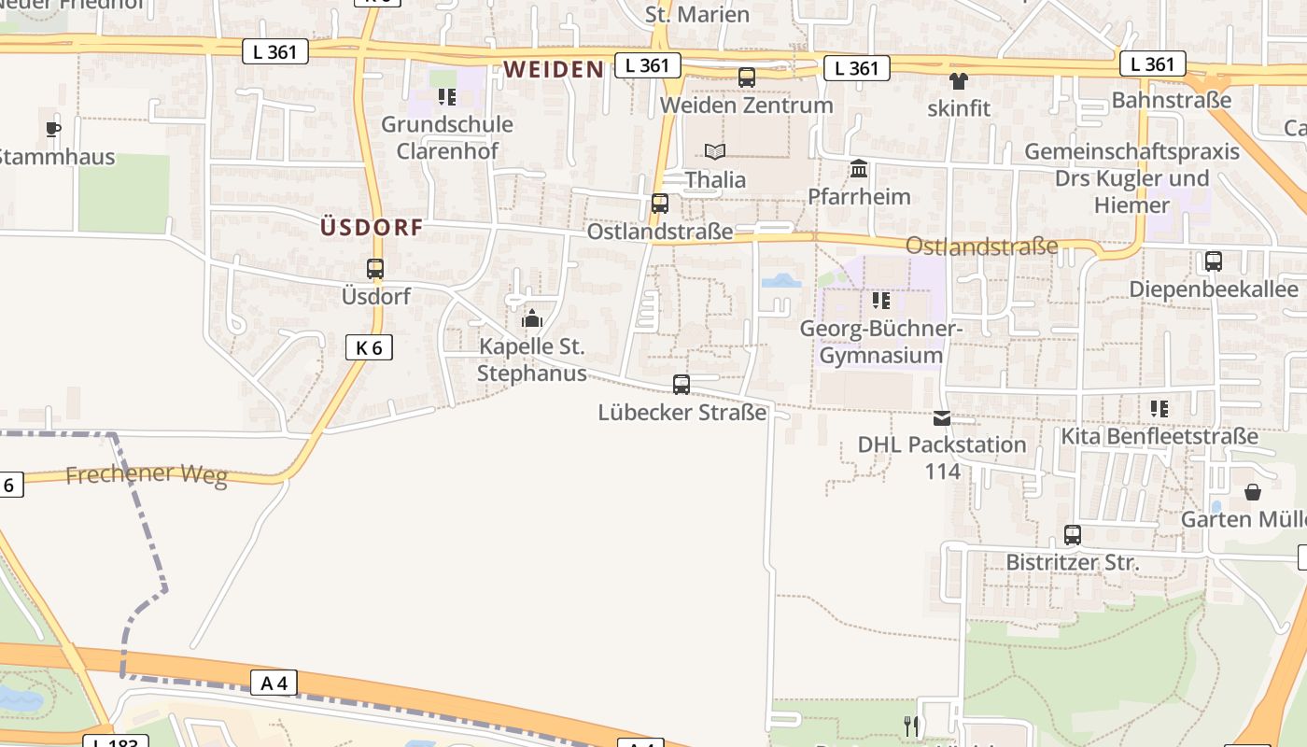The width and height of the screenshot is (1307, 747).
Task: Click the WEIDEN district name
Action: [x=555, y=69]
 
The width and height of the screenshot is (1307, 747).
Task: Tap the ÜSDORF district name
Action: [x=372, y=226]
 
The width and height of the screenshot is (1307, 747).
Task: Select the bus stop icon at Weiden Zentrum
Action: [x=747, y=78]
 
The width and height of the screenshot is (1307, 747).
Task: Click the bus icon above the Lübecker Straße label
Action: [x=682, y=384]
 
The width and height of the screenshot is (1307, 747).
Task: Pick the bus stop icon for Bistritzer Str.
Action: [x=1073, y=535]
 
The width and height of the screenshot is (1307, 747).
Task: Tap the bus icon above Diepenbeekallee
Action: [x=1214, y=261]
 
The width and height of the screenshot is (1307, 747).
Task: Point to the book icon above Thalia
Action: [x=715, y=151]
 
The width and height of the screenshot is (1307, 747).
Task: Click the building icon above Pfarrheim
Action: [x=859, y=169]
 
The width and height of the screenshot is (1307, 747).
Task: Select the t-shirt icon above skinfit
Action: [x=959, y=81]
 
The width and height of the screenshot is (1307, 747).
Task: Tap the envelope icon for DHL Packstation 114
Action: [x=942, y=417]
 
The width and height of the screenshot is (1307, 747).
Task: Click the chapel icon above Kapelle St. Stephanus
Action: [x=532, y=319]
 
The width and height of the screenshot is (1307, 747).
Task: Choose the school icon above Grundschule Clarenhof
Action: [x=447, y=96]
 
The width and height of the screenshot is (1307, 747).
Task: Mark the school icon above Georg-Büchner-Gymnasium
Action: [x=880, y=301]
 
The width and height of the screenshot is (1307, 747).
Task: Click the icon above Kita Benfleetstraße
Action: [x=1159, y=408]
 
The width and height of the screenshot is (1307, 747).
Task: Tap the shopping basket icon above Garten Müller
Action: [x=1253, y=491]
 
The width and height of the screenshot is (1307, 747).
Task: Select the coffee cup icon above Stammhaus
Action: [x=53, y=129]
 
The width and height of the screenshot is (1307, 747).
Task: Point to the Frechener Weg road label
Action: [x=147, y=474]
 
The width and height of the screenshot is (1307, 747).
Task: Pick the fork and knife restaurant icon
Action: [x=912, y=726]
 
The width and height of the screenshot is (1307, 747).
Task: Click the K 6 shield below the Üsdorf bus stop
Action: [x=369, y=347]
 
